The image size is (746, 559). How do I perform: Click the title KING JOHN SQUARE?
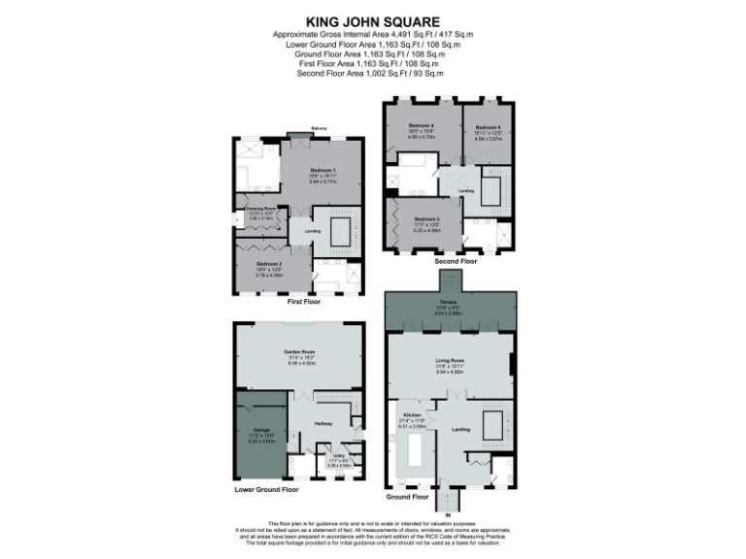[373, 19]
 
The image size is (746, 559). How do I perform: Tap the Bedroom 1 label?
[321, 171]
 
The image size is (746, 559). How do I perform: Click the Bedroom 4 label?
[421, 127]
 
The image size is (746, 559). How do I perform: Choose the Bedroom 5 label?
[488, 127]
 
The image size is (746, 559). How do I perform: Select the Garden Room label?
[297, 351]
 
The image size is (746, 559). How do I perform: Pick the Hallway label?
[323, 423]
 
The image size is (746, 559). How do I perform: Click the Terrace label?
[448, 303]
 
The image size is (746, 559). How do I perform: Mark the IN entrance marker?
[448, 515]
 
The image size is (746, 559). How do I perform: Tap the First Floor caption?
[304, 302]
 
